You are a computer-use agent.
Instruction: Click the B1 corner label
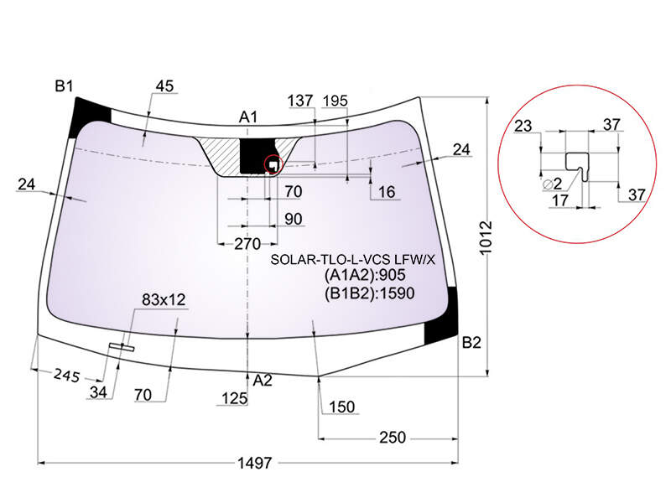pyautogui.click(x=65, y=86)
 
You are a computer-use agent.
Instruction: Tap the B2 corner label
pyautogui.click(x=471, y=343)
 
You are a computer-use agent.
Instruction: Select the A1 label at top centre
pyautogui.click(x=248, y=117)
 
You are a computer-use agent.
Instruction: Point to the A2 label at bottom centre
pyautogui.click(x=263, y=381)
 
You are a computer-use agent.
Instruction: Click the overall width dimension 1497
pyautogui.click(x=255, y=463)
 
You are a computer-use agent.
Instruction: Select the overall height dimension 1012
pyautogui.click(x=486, y=238)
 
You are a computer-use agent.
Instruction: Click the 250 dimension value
pyautogui.click(x=393, y=438)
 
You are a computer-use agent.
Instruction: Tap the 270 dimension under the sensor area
pyautogui.click(x=247, y=244)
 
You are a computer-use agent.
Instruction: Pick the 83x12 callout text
pyautogui.click(x=164, y=300)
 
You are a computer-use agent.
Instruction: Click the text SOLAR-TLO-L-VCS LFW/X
pyautogui.click(x=352, y=259)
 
